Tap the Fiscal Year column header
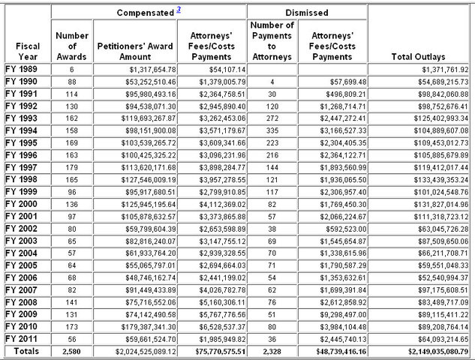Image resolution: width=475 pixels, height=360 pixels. pyautogui.click(x=28, y=51)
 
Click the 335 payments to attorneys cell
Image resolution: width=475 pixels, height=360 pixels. pyautogui.click(x=272, y=130)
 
